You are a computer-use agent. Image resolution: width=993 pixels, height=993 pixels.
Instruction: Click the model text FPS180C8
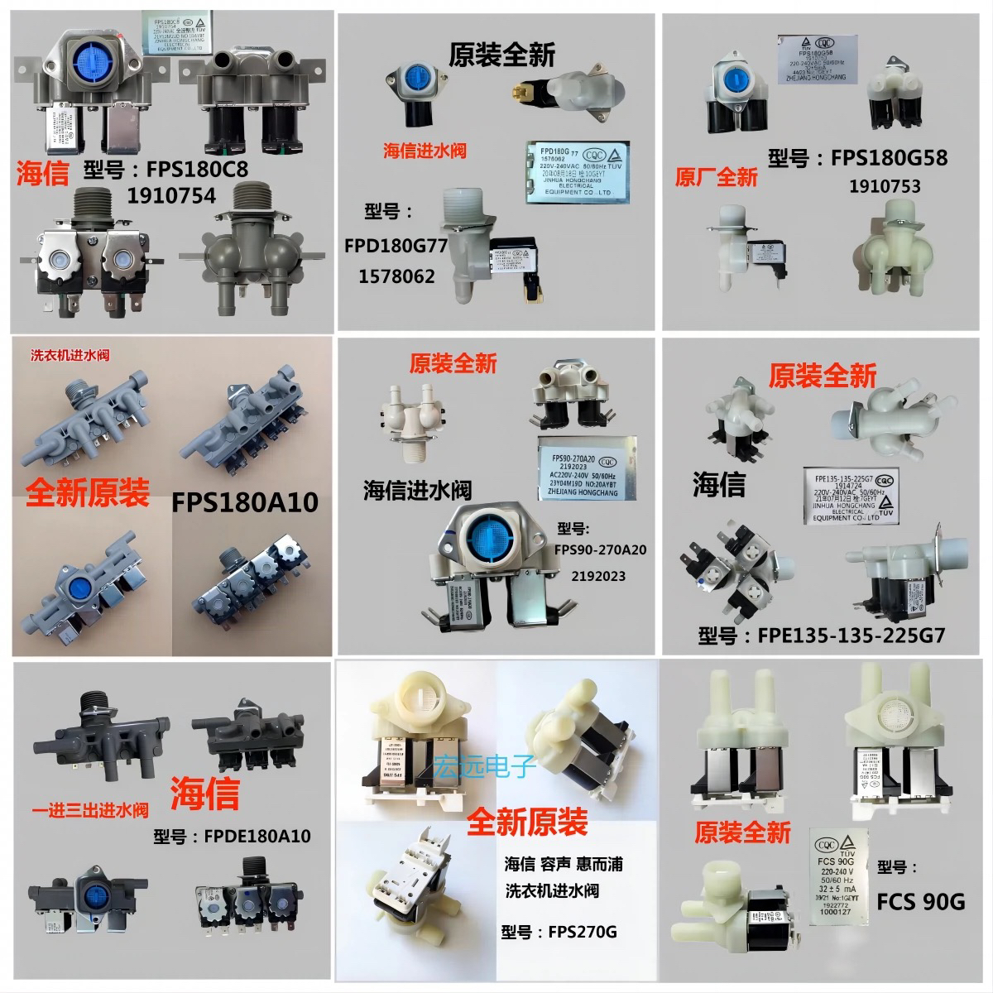tap(199, 169)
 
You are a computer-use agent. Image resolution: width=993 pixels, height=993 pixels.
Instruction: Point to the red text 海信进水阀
tap(424, 151)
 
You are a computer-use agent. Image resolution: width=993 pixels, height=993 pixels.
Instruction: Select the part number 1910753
tap(885, 186)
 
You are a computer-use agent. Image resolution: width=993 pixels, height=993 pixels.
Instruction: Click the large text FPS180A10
tap(244, 502)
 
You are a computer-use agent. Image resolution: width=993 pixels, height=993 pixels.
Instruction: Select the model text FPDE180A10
tap(257, 836)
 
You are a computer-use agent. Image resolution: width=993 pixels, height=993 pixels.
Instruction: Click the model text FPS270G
tap(582, 933)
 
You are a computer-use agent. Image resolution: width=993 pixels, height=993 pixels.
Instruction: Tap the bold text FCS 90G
tap(920, 901)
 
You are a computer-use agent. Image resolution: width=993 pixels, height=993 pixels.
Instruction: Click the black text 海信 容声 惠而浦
tap(563, 865)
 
